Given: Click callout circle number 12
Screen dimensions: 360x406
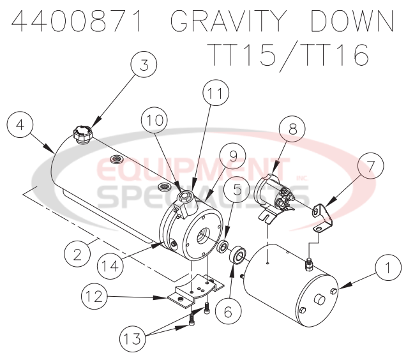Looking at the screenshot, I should (x=94, y=296).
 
